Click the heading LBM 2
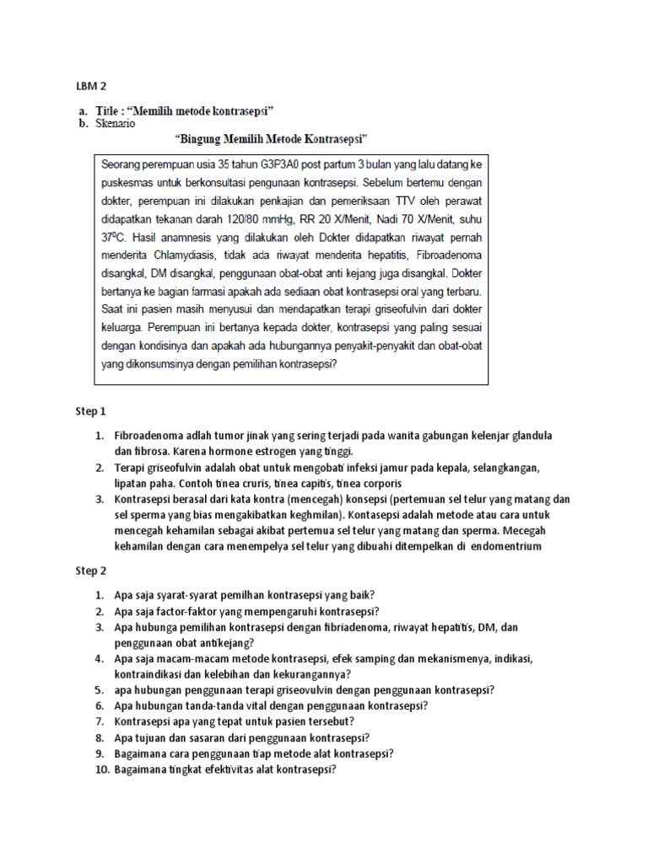(x=91, y=85)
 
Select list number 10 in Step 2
(x=100, y=769)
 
